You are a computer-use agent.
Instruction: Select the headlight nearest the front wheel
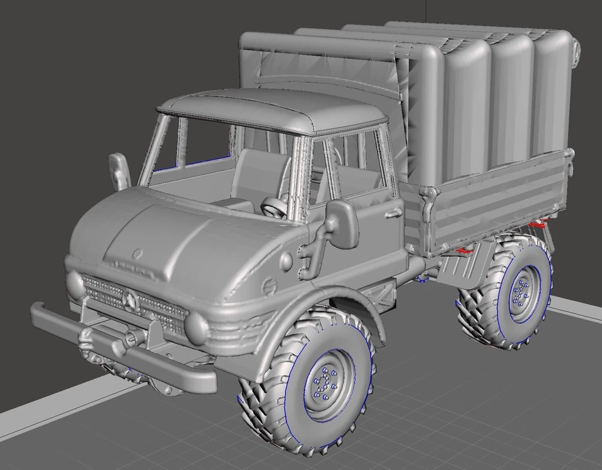pos(196,326)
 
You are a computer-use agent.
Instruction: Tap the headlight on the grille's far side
pos(75,283)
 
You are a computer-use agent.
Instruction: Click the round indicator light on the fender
pos(285,260)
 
